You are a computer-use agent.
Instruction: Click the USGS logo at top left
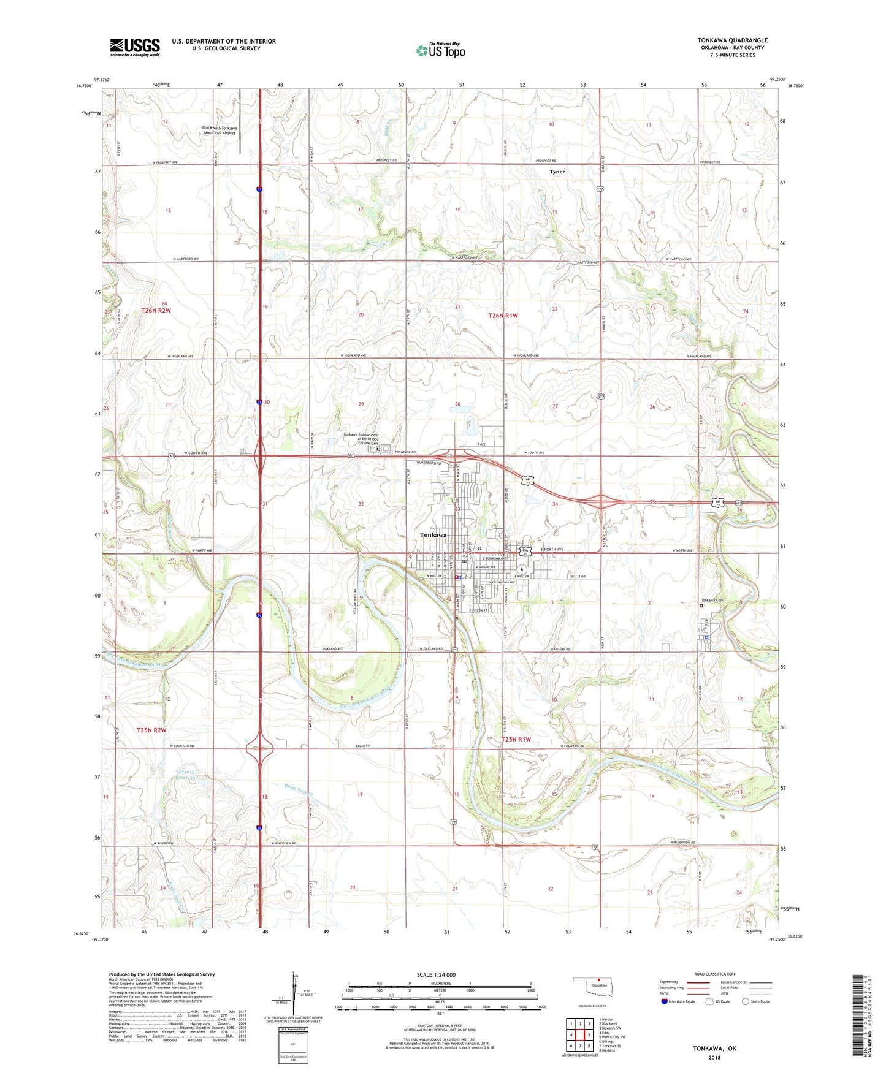point(135,47)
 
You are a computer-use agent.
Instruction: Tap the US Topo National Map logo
point(440,50)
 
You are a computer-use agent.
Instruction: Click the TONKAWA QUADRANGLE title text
point(732,40)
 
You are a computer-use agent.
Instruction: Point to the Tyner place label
point(557,172)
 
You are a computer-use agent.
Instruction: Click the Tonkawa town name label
point(433,535)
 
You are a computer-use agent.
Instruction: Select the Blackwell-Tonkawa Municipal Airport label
point(220,131)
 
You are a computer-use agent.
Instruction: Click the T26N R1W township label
point(503,316)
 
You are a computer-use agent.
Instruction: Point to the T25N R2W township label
point(151,730)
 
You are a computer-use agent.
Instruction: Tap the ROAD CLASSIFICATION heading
point(714,974)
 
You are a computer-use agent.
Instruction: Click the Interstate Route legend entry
point(678,1002)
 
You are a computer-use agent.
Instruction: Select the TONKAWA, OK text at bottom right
point(714,1049)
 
